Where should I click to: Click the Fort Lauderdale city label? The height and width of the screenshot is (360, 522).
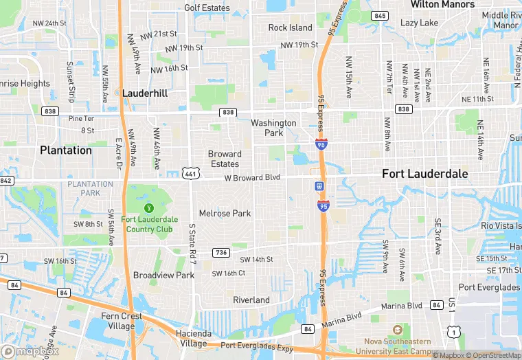[424, 175]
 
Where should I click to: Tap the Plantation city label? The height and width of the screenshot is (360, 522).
[65, 150]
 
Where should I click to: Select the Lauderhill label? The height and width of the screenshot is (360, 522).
[146, 92]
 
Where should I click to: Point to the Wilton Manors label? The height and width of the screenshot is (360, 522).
[442, 4]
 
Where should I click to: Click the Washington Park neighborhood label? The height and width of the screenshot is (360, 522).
[273, 128]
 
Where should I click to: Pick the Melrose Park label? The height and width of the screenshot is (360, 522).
[225, 214]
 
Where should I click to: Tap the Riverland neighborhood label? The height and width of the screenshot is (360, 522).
[251, 300]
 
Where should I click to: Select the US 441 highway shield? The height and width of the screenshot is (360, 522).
[190, 174]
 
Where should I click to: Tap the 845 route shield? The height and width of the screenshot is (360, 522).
[379, 15]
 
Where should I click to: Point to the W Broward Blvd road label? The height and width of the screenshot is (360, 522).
[252, 177]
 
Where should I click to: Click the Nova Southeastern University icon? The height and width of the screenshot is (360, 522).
[397, 330]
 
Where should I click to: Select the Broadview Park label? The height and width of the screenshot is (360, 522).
[163, 275]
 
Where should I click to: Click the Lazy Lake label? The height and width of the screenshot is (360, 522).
[419, 23]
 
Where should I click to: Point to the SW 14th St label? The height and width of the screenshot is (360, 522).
[256, 259]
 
